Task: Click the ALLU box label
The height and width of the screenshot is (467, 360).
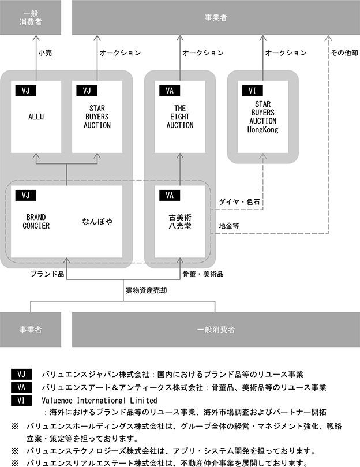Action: coord(36,117)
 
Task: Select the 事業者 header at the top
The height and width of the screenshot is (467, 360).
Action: coord(215,18)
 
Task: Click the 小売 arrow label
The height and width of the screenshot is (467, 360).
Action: coord(46,53)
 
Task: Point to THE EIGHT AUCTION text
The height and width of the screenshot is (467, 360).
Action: coord(179,117)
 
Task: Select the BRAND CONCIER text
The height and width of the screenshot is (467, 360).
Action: coord(36,221)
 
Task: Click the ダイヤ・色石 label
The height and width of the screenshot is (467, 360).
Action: coord(239,202)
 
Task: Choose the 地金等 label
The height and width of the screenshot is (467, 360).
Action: coord(229,226)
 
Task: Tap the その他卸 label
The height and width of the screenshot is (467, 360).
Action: coord(344,53)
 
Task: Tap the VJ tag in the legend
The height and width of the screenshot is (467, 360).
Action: coord(22,375)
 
